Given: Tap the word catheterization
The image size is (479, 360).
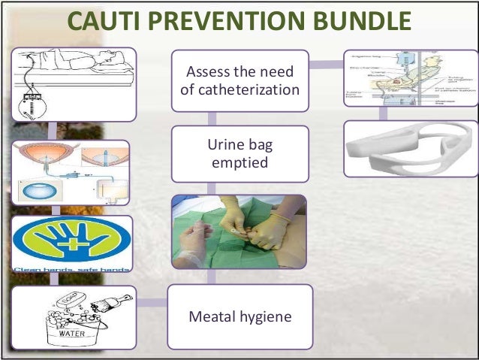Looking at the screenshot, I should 240,91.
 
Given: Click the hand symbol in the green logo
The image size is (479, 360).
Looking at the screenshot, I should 71,243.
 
